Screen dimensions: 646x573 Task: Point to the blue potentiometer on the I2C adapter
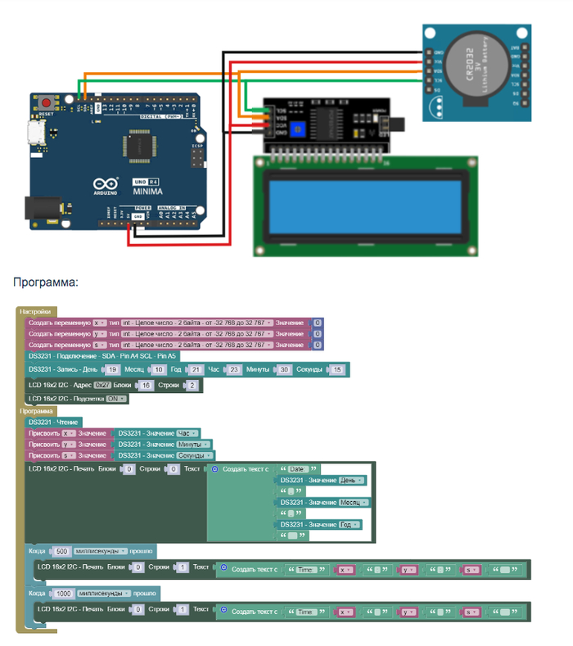coord(302,129)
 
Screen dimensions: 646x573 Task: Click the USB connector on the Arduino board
coord(35,133)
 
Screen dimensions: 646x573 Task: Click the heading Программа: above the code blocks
coord(46,282)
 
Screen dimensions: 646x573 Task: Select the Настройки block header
coord(36,311)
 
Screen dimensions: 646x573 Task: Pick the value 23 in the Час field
coord(232,370)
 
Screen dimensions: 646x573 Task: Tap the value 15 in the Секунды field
coord(337,370)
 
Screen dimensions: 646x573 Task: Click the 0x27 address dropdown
coord(102,385)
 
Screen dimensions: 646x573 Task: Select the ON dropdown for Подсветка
coord(116,399)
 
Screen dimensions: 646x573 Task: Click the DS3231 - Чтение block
coord(53,422)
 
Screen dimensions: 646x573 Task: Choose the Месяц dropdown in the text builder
coord(353,502)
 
